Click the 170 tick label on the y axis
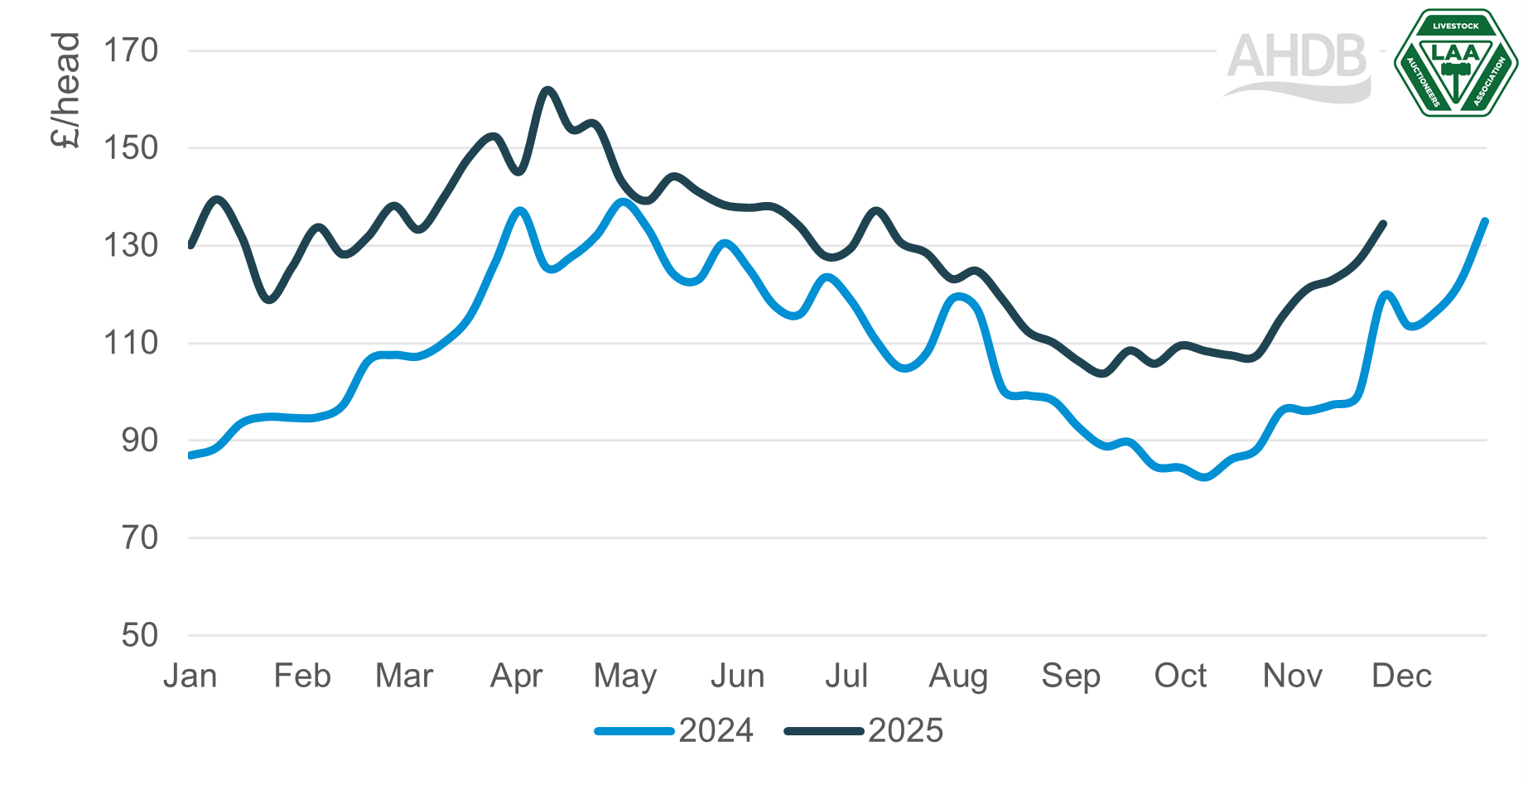(x=130, y=51)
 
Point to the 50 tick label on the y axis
(x=139, y=635)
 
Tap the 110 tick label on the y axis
(x=130, y=342)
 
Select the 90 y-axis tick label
(x=139, y=440)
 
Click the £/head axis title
(x=65, y=90)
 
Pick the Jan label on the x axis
(x=190, y=677)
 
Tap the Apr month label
(x=516, y=677)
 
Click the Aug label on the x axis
(x=958, y=677)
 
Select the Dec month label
(x=1401, y=677)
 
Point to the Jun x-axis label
(x=737, y=677)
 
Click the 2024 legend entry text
(x=716, y=731)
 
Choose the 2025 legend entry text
(x=905, y=731)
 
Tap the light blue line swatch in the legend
(x=634, y=731)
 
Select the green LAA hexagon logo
(x=1455, y=64)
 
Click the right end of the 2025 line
(x=1384, y=223)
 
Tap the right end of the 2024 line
(x=1486, y=221)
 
